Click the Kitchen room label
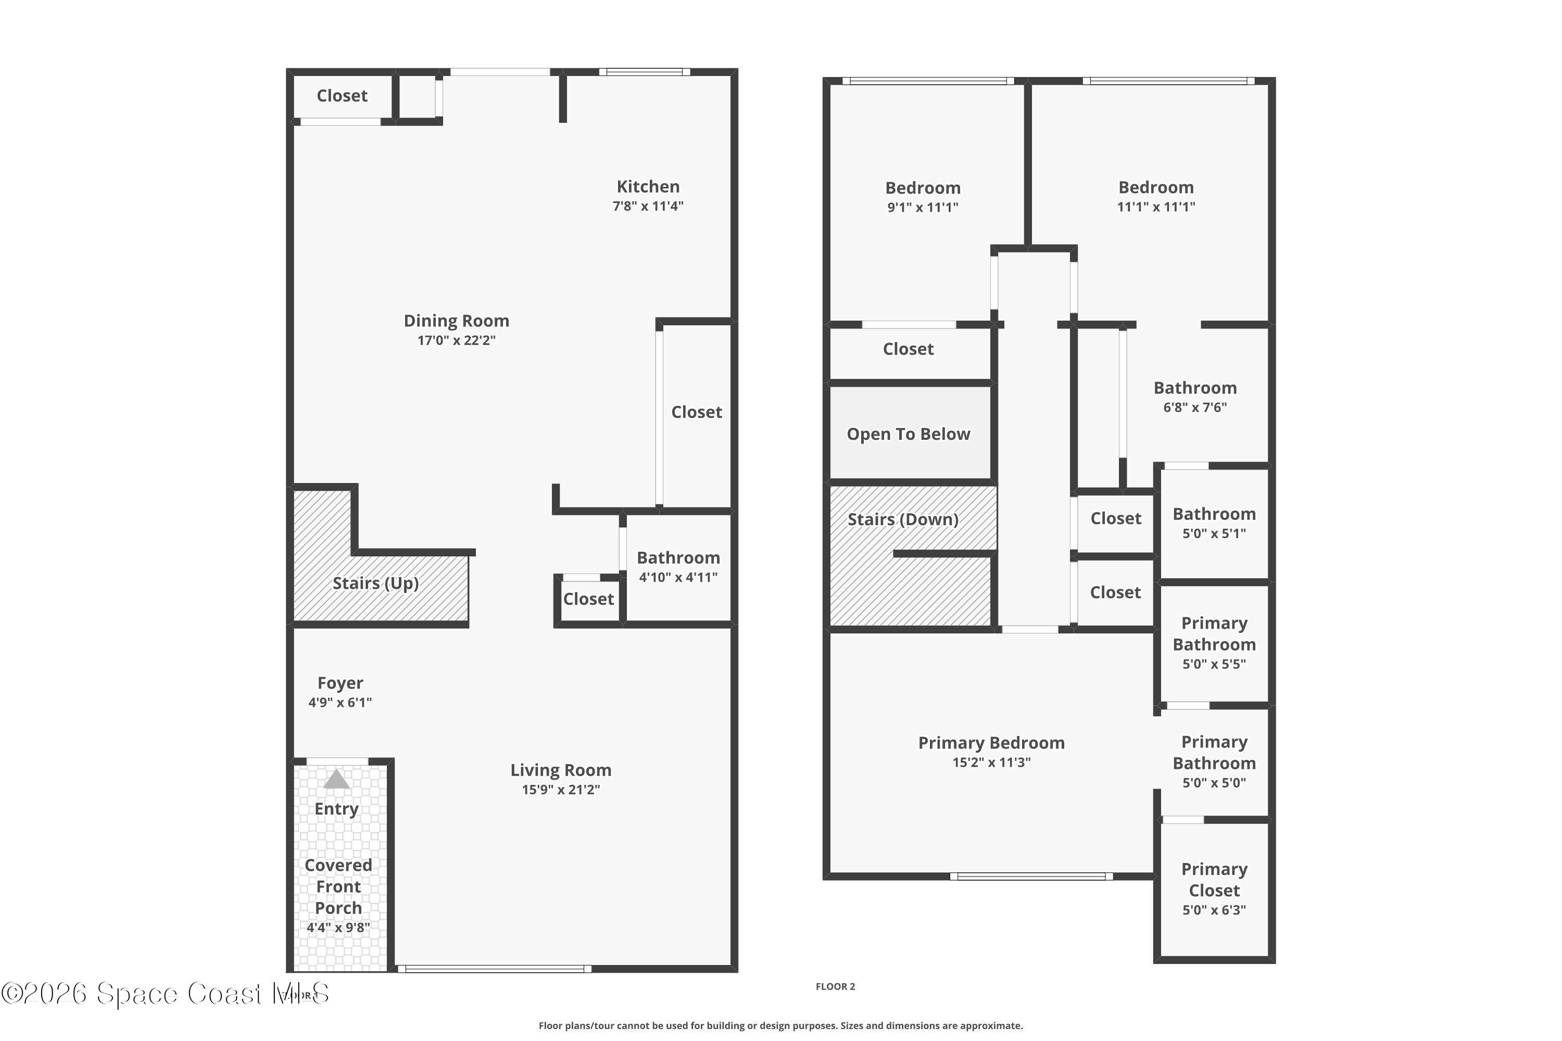tap(648, 186)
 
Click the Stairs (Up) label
tap(375, 583)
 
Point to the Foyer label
tap(340, 683)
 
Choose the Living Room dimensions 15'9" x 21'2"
tap(561, 790)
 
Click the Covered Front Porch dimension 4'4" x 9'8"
tap(338, 928)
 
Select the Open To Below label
tap(908, 434)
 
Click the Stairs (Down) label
tap(902, 519)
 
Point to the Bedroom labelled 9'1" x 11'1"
tap(923, 188)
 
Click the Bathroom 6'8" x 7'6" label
tap(1195, 388)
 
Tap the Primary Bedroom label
tap(991, 743)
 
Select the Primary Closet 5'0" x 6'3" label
tap(1214, 880)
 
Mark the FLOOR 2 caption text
tap(835, 986)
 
